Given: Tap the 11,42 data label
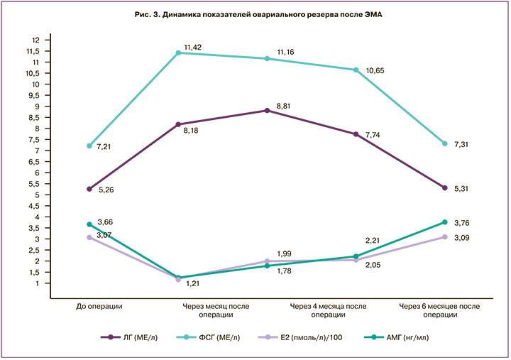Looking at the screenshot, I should coord(194,47).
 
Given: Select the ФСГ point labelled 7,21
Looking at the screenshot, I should coord(89,146).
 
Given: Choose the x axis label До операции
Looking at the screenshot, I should coord(100,306).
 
